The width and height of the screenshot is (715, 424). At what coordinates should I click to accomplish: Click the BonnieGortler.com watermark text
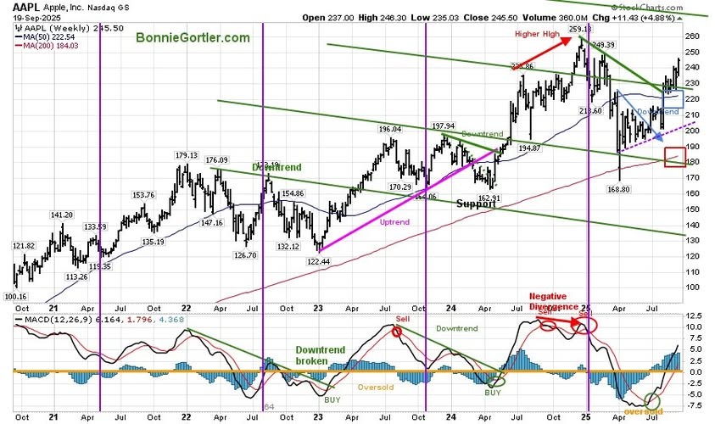coord(186,38)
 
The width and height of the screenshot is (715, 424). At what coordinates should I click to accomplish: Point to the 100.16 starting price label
coord(16,297)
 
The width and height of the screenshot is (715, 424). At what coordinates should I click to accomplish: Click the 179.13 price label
coord(186,156)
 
